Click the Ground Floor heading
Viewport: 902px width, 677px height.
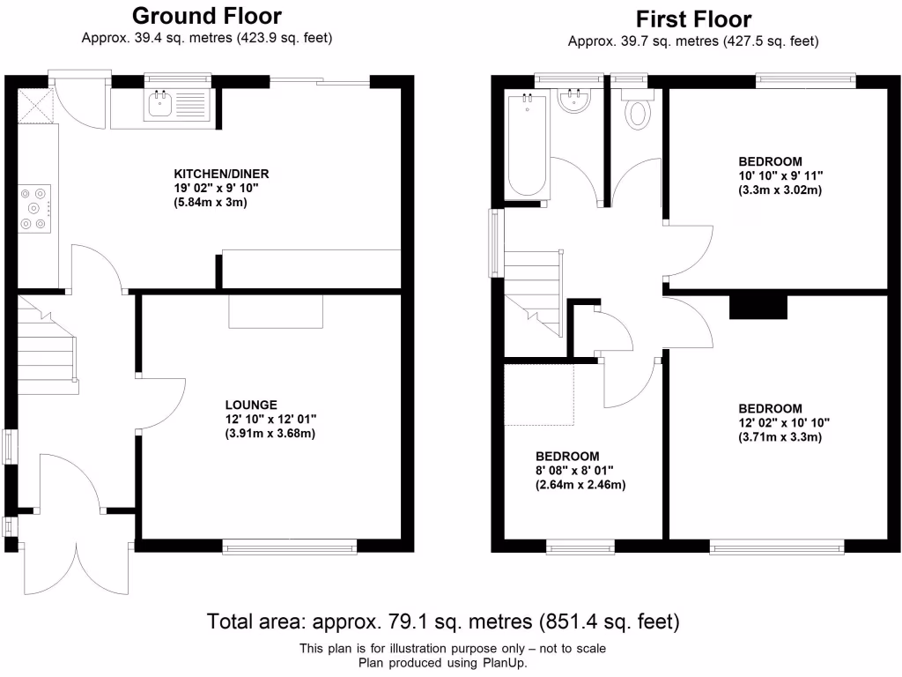[207, 16]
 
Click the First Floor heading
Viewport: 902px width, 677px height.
[693, 19]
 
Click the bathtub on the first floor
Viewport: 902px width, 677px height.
[528, 145]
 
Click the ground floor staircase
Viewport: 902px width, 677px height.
[46, 348]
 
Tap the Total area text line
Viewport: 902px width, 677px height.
[443, 621]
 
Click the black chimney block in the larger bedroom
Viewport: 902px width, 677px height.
[758, 305]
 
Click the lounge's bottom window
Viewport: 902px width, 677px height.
[291, 547]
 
